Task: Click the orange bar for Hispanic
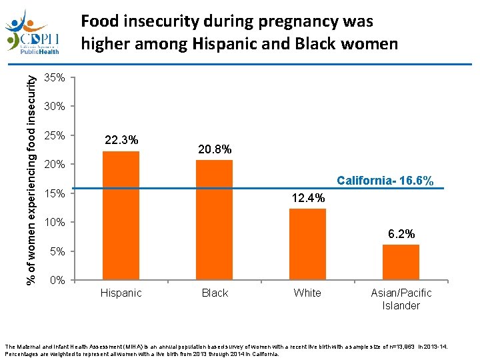pyautogui.click(x=121, y=215)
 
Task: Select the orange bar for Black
pyautogui.click(x=214, y=219)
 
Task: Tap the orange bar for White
pyautogui.click(x=307, y=243)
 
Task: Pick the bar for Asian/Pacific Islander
pyautogui.click(x=401, y=261)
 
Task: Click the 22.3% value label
pyautogui.click(x=121, y=140)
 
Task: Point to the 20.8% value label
pyautogui.click(x=215, y=150)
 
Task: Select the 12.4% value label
pyautogui.click(x=308, y=198)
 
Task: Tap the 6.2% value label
pyautogui.click(x=401, y=234)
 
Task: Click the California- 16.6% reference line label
pyautogui.click(x=385, y=181)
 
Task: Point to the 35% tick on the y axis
pyautogui.click(x=54, y=78)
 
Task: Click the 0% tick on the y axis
pyautogui.click(x=57, y=281)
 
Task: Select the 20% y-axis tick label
pyautogui.click(x=54, y=165)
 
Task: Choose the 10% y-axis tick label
pyautogui.click(x=54, y=222)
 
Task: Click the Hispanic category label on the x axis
pyautogui.click(x=121, y=293)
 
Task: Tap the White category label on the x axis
pyautogui.click(x=307, y=293)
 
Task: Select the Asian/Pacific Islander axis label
pyautogui.click(x=401, y=299)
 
